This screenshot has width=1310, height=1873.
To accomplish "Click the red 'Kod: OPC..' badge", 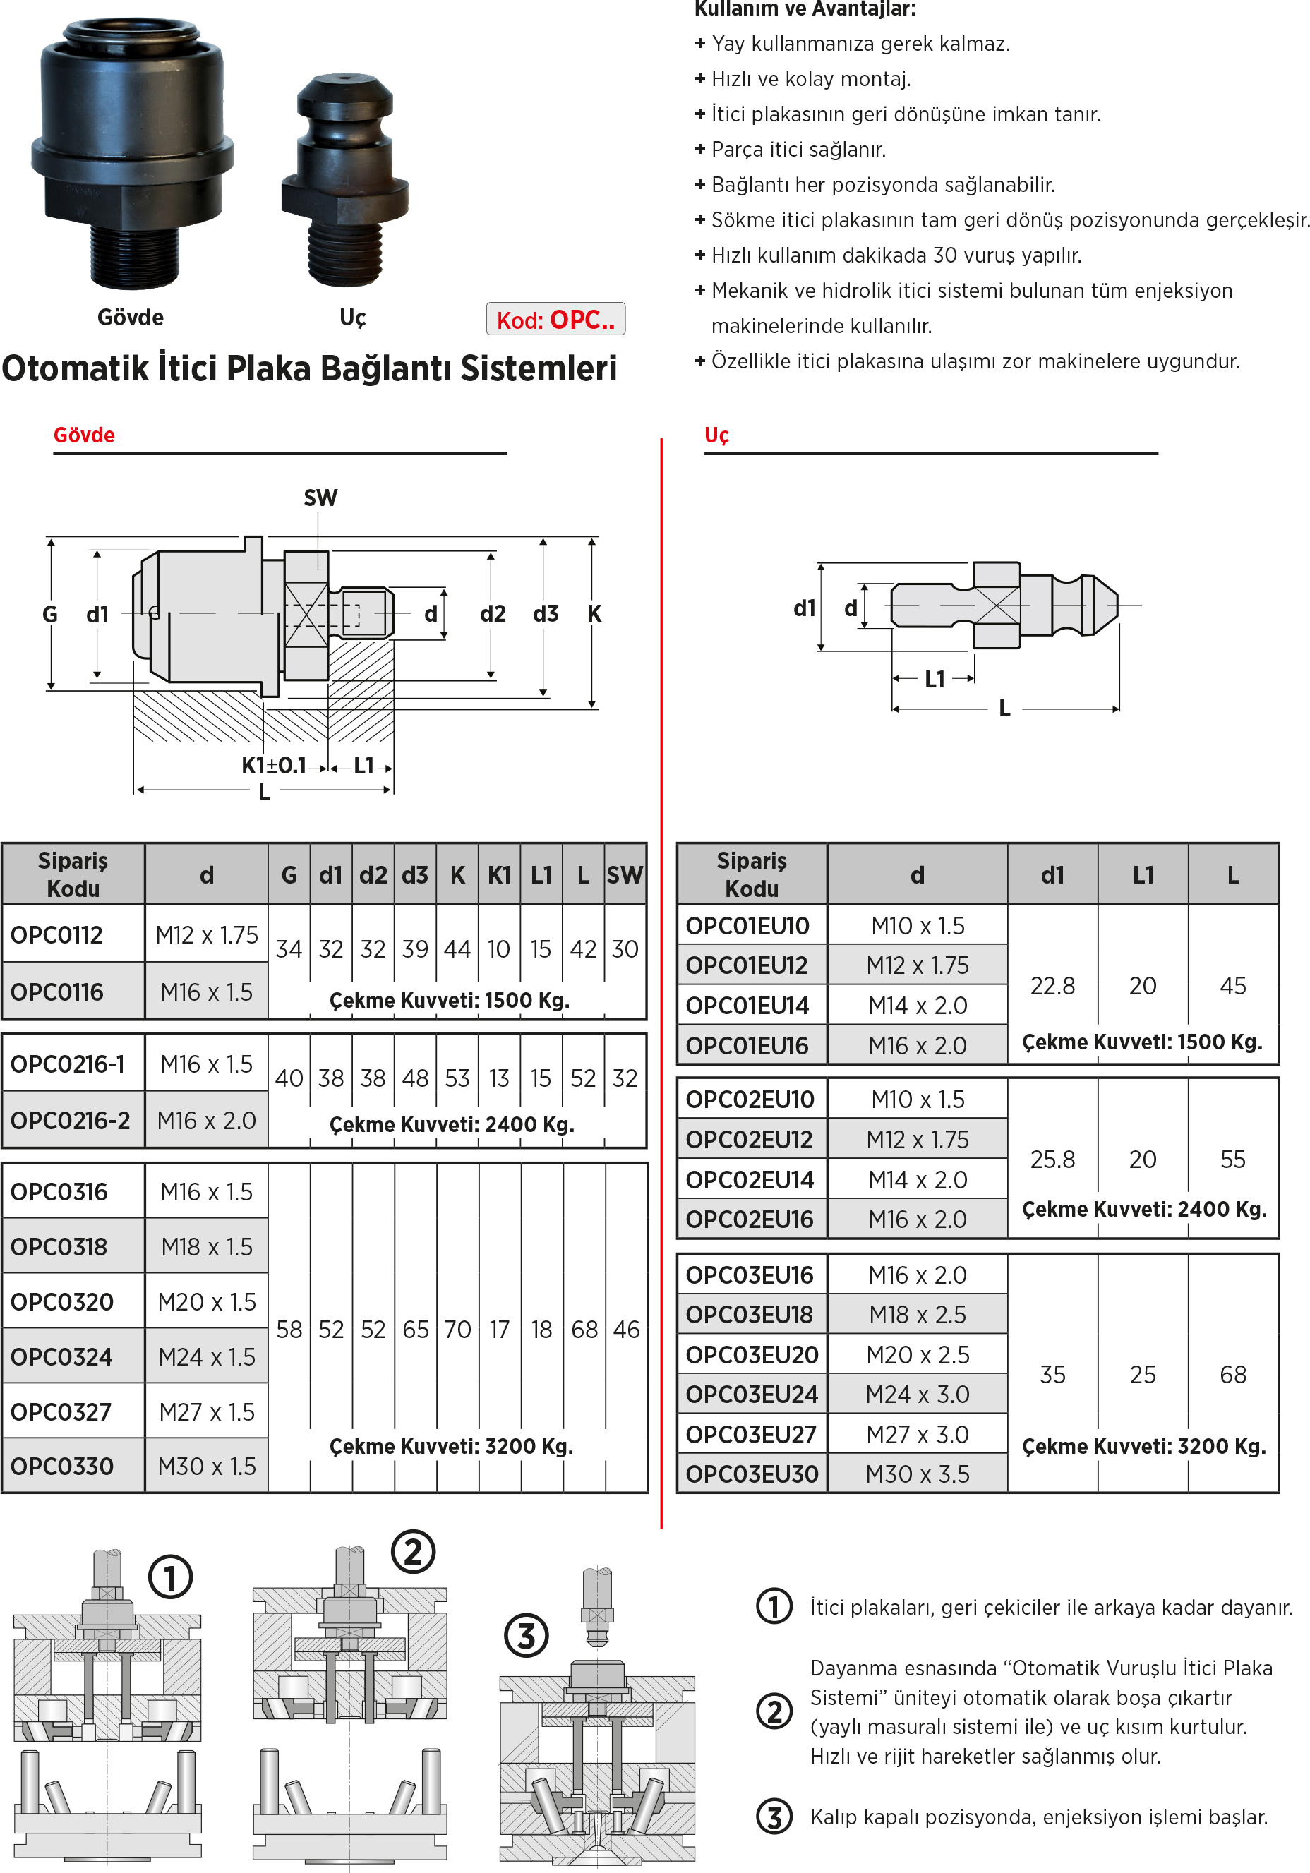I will [x=555, y=320].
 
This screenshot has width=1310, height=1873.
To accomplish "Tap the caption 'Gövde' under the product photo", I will [x=131, y=318].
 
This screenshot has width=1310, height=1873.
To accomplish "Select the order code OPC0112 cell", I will [x=57, y=935].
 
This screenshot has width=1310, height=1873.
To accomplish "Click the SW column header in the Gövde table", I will [x=624, y=875].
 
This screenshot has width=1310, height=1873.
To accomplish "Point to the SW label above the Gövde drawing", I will [x=320, y=498].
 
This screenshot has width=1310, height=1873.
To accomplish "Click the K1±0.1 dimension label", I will [x=274, y=765].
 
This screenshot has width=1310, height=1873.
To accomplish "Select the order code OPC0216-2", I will [x=70, y=1121].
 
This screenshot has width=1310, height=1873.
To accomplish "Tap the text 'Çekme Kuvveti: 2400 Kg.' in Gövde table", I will [x=452, y=1124].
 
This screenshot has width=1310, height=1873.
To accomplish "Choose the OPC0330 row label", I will [x=62, y=1466].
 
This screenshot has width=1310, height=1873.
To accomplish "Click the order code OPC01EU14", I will [x=747, y=1006].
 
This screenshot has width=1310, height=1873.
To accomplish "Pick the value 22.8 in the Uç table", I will [x=1052, y=985].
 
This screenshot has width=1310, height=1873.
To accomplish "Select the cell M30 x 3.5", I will [x=918, y=1474].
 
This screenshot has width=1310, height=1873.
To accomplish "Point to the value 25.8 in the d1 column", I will [x=1052, y=1160].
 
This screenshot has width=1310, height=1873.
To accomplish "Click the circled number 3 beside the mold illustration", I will [x=526, y=1636].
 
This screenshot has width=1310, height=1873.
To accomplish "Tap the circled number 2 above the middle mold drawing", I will [x=413, y=1552].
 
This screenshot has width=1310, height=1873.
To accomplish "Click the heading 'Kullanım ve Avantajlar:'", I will [x=805, y=9].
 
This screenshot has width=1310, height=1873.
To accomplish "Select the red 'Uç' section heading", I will [x=716, y=435].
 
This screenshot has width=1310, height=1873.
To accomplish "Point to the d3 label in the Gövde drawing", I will [x=546, y=613].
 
